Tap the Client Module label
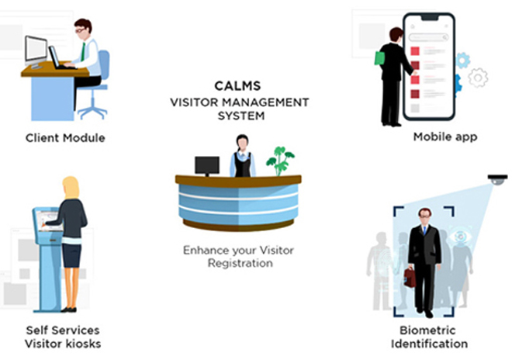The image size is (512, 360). coord(65,138)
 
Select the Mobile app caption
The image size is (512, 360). coord(445,137)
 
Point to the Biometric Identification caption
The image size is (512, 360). coord(429,337)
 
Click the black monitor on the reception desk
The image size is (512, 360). coord(206,164)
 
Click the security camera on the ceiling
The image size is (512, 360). coord(497,180)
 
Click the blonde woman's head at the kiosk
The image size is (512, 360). coord(71,188)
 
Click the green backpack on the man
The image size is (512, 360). coord(379,57)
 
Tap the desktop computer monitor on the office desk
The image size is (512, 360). coord(35,50)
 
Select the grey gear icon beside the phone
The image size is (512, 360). coord(479,77)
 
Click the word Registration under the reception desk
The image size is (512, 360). coord(240,263)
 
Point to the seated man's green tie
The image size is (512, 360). coord(82,50)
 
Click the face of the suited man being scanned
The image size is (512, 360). coord(424,216)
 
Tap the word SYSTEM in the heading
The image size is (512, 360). coord(240,116)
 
